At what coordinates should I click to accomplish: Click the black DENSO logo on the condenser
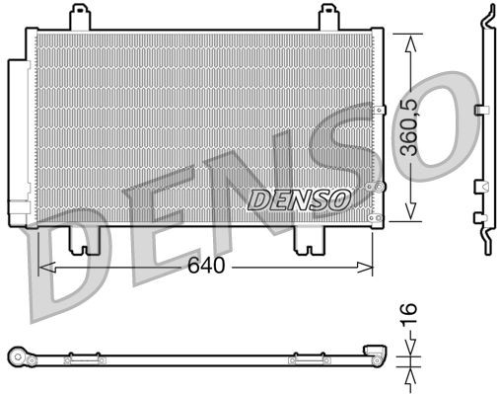(x=299, y=198)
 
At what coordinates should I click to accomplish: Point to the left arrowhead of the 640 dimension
(x=42, y=267)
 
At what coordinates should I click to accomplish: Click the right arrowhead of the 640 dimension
(x=369, y=267)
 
